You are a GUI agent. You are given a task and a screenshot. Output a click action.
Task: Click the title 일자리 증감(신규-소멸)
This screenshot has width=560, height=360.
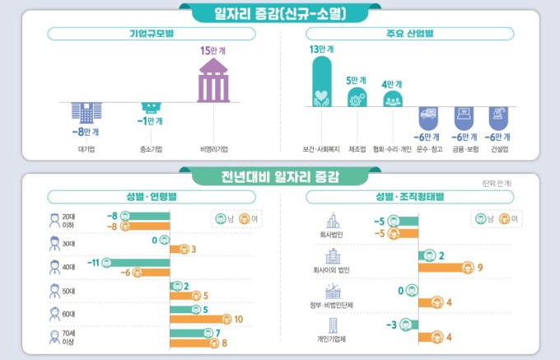[x=280, y=12]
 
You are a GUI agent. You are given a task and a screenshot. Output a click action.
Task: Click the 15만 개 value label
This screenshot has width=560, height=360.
[x=212, y=50]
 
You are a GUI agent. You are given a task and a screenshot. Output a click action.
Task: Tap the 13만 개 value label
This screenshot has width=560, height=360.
[x=321, y=49]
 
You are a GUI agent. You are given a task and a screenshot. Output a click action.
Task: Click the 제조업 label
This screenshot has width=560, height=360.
[x=357, y=150]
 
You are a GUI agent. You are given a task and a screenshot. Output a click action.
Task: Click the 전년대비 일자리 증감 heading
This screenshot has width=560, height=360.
[x=280, y=175]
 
